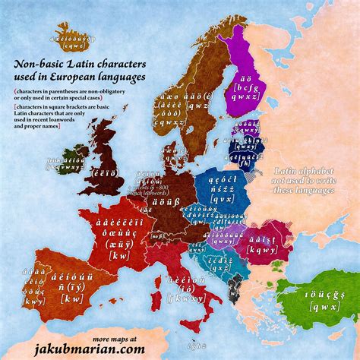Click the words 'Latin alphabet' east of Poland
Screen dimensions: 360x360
coord(304,172)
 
